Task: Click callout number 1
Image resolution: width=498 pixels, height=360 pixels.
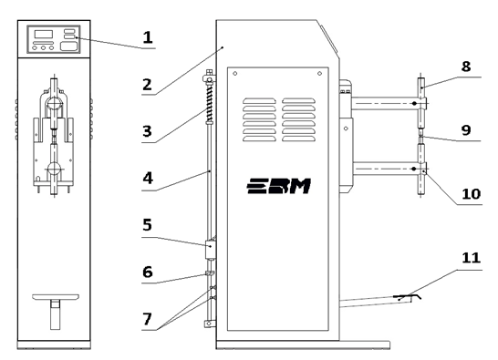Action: tap(148, 37)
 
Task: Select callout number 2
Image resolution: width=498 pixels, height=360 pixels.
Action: tap(147, 85)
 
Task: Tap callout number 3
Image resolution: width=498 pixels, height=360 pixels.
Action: tap(147, 131)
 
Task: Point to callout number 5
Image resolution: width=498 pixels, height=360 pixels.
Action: tap(147, 225)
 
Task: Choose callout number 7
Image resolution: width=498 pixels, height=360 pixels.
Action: tap(147, 319)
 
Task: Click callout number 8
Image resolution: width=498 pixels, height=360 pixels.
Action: tap(466, 67)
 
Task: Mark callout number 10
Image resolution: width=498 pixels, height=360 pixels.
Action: tap(472, 194)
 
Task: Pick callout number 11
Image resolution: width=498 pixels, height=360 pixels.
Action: tap(471, 258)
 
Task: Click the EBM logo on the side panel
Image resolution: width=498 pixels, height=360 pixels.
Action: tap(279, 186)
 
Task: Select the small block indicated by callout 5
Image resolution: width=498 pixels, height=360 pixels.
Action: tap(211, 250)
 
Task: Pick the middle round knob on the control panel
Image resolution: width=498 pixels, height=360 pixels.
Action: tap(43, 48)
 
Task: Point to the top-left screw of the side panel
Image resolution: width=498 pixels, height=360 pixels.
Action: tap(235, 74)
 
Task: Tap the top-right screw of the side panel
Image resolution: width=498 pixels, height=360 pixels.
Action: tap(320, 74)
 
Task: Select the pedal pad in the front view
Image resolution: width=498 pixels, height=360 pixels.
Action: tap(56, 297)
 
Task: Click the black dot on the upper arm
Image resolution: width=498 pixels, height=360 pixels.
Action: tap(414, 103)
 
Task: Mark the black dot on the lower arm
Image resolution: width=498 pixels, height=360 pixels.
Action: tap(413, 169)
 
